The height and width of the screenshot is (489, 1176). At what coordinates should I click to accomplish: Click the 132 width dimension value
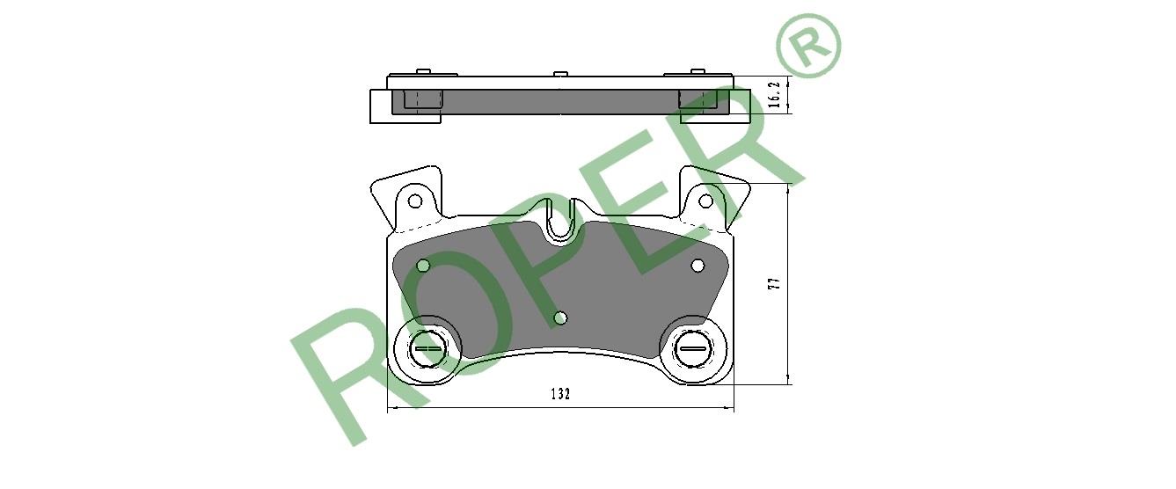[x=560, y=393]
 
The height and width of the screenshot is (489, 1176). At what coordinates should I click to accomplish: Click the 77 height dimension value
[x=774, y=283]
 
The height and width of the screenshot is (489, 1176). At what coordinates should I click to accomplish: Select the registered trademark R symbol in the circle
[x=808, y=45]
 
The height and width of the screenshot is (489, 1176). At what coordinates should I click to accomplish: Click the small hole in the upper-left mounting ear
[x=415, y=201]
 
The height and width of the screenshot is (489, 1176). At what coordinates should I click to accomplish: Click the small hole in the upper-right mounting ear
[x=705, y=201]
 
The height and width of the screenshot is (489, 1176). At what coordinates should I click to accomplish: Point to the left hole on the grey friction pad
[x=423, y=266]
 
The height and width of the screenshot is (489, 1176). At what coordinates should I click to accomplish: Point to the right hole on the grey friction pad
[x=698, y=266]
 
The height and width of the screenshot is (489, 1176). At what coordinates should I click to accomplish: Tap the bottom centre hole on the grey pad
[x=560, y=317]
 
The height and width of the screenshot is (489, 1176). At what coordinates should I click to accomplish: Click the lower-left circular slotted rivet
[x=427, y=349]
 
